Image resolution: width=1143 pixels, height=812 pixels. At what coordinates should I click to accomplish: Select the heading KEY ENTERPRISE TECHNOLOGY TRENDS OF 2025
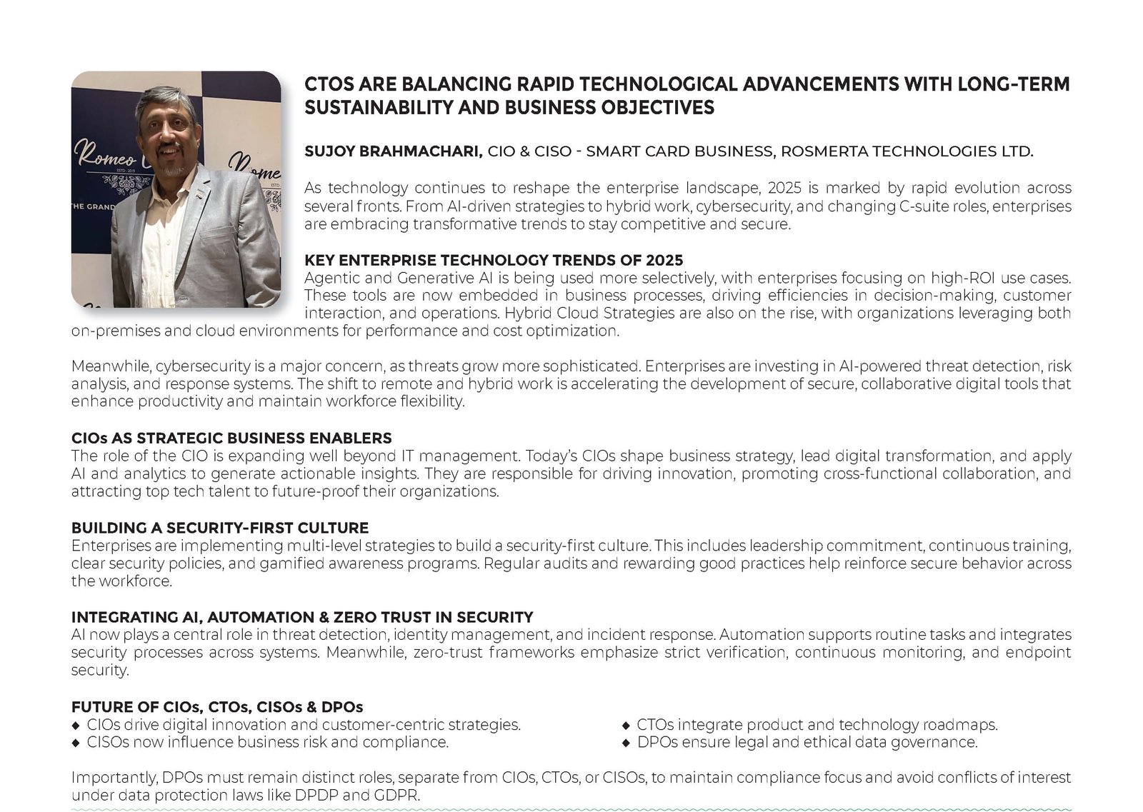[x=494, y=260]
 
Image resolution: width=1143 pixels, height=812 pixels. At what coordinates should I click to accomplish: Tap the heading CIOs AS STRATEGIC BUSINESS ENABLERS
[x=231, y=438]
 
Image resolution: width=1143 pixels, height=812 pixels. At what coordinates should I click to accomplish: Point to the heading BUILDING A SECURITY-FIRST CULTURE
[x=220, y=528]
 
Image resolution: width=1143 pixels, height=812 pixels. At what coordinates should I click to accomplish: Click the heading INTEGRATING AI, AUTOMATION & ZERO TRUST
[x=302, y=617]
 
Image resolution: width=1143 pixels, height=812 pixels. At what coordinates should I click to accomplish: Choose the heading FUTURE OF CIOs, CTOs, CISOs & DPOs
[x=217, y=707]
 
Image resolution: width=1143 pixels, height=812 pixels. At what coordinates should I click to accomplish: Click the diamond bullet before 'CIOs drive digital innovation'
[x=76, y=725]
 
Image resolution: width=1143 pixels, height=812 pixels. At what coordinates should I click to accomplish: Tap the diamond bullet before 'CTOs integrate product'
[x=627, y=725]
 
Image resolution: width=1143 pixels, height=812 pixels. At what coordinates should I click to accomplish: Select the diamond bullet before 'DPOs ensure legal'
[x=627, y=743]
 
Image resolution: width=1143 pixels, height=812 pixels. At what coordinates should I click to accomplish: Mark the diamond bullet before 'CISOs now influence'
[x=76, y=743]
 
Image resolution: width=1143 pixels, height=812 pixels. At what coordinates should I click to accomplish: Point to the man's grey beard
[x=171, y=171]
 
